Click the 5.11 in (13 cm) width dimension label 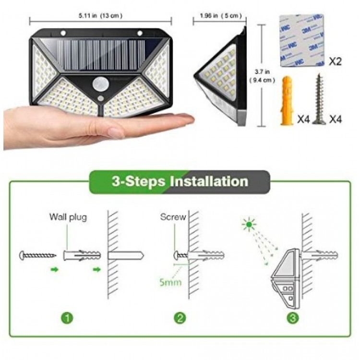(100, 16)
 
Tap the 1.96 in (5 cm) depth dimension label (221, 16)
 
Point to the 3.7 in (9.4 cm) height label (262, 76)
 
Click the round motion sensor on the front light (100, 84)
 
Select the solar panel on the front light (101, 55)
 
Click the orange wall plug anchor (287, 101)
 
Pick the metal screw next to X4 (319, 99)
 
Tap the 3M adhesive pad (301, 41)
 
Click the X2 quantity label (335, 61)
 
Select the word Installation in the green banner (209, 181)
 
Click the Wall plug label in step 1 (68, 217)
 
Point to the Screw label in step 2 (173, 217)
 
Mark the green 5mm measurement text (170, 282)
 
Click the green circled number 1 (67, 318)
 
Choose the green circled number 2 (180, 318)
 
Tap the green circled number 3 (293, 318)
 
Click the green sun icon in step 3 (249, 224)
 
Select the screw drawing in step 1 (37, 255)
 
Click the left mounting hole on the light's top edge (63, 33)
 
